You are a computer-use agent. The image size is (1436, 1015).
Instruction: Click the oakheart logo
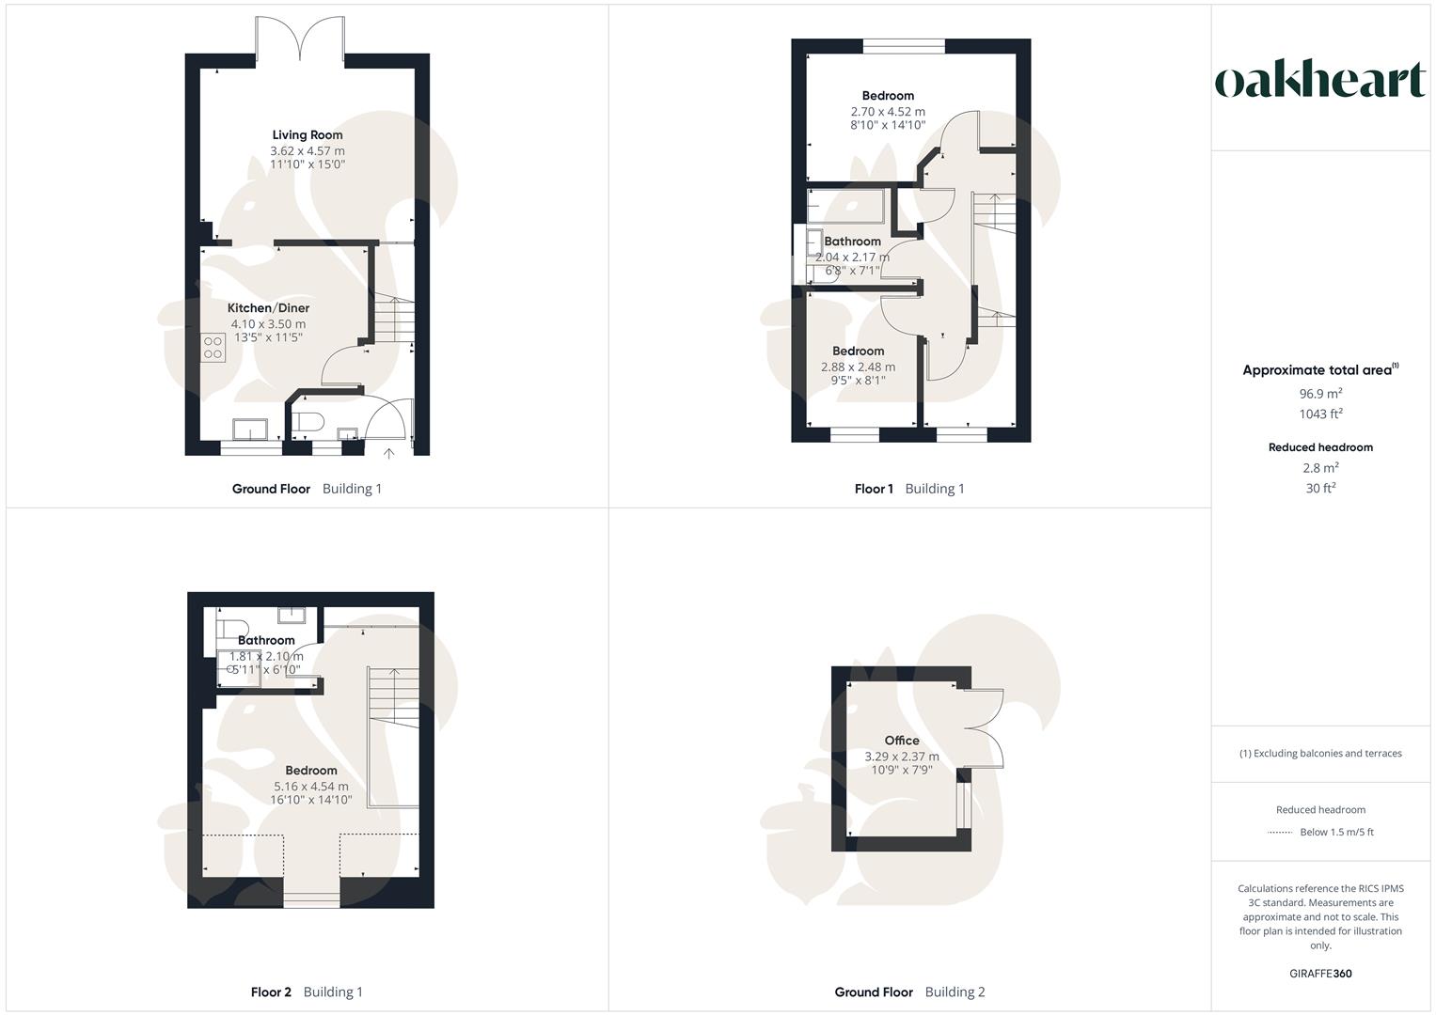click(x=1319, y=80)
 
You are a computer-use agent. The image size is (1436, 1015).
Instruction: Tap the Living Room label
click(x=308, y=135)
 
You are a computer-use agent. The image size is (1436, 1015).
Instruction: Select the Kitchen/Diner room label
click(x=268, y=308)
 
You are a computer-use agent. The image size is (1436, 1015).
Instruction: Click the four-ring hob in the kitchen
click(x=213, y=347)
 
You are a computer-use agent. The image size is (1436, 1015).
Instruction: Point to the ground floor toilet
click(x=308, y=421)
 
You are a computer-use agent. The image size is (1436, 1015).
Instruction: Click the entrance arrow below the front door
click(x=389, y=455)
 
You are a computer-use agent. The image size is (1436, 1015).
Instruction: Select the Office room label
click(x=901, y=741)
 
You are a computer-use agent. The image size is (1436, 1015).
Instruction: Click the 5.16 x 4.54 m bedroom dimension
click(x=311, y=787)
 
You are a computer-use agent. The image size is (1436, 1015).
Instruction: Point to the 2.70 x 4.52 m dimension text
click(x=888, y=111)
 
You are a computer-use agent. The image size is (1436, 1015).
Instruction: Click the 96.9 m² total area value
click(x=1320, y=394)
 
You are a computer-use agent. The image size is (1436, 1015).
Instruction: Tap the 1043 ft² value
click(x=1320, y=414)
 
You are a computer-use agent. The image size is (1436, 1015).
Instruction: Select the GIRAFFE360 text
click(x=1320, y=974)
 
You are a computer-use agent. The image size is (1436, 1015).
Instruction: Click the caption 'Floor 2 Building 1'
click(x=307, y=992)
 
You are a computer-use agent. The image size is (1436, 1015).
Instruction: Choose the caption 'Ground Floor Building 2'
click(x=909, y=992)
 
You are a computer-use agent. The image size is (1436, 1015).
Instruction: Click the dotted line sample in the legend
click(x=1280, y=833)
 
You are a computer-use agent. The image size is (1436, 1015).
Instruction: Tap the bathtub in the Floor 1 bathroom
click(x=845, y=204)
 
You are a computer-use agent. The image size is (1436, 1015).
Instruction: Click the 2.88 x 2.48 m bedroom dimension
click(x=858, y=367)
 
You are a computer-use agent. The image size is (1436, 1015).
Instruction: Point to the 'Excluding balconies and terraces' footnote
click(x=1320, y=754)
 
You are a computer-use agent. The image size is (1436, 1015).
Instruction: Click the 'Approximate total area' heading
click(x=1318, y=370)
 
